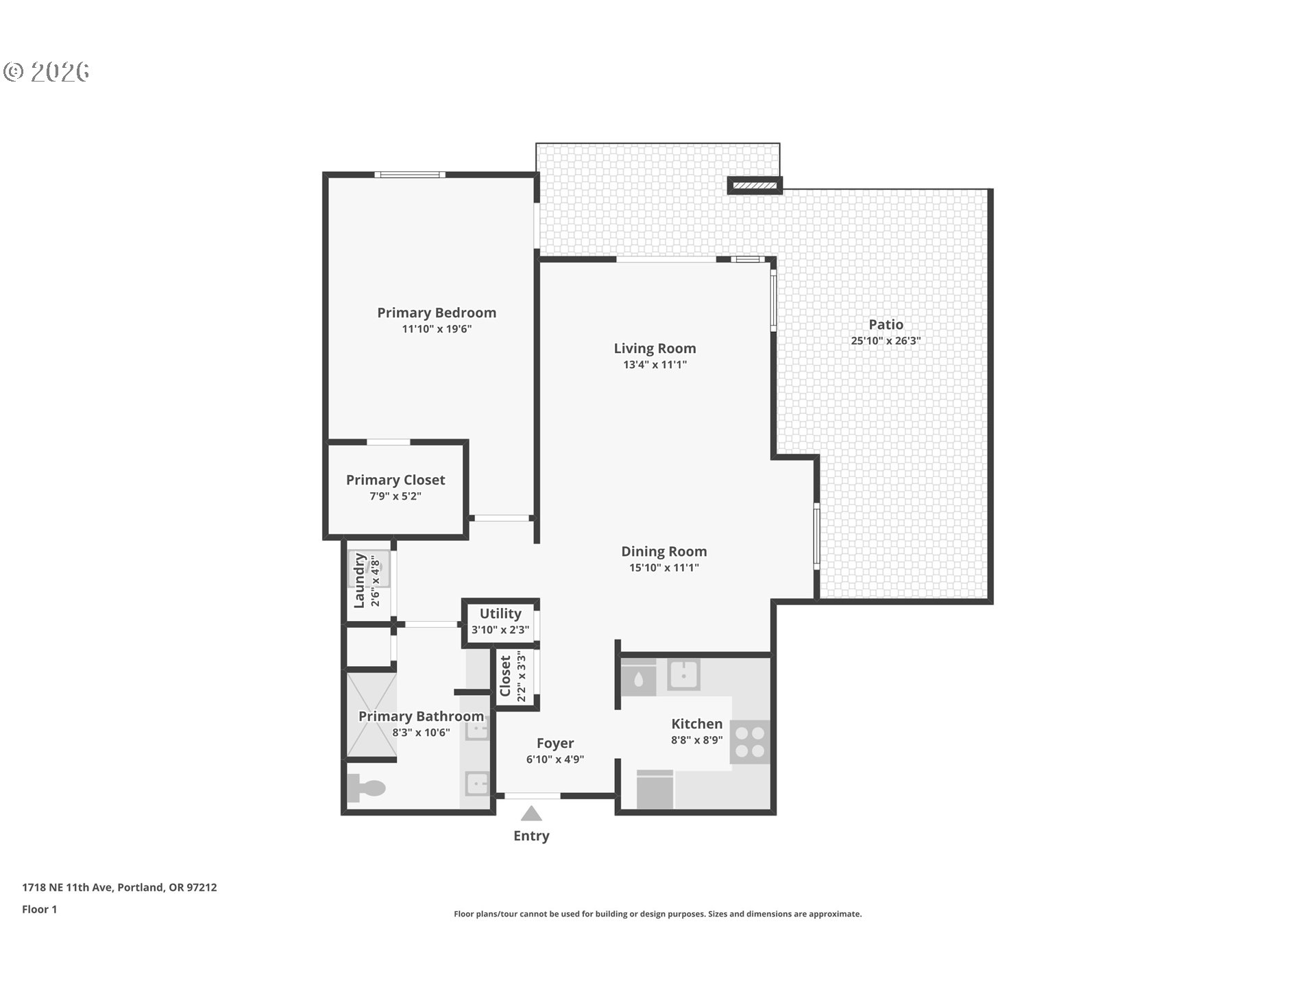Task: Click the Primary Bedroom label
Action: click(437, 313)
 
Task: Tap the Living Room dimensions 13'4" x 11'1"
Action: click(655, 365)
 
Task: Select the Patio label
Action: click(886, 324)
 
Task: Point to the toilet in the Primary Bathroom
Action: click(365, 788)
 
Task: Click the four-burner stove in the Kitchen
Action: click(749, 742)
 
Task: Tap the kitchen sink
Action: click(683, 674)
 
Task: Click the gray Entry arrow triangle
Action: click(531, 814)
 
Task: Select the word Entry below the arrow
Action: click(531, 836)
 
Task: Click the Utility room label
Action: click(500, 613)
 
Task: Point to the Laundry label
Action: click(359, 581)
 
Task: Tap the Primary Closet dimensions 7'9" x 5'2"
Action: click(395, 496)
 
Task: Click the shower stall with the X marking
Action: click(371, 715)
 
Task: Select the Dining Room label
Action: click(663, 551)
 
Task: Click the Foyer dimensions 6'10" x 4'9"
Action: click(555, 759)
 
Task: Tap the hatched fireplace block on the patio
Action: click(754, 185)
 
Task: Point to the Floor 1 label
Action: click(40, 909)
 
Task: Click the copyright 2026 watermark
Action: click(47, 71)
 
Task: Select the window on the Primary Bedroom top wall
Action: click(410, 175)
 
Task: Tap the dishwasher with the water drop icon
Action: click(638, 679)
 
